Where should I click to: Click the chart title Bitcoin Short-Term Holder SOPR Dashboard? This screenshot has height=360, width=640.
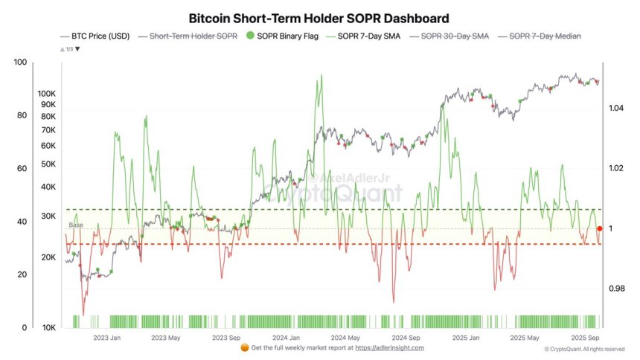tap(319, 17)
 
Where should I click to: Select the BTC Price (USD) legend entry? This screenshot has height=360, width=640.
tap(97, 36)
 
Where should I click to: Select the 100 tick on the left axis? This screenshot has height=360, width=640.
tap(20, 62)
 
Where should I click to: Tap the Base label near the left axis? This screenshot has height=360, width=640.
tap(76, 225)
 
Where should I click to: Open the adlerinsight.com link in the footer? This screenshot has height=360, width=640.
tap(389, 347)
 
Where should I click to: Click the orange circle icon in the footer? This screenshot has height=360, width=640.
tap(245, 347)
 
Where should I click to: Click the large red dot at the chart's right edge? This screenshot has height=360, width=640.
tap(600, 228)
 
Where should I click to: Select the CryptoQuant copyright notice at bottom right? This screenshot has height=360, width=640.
tap(584, 349)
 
